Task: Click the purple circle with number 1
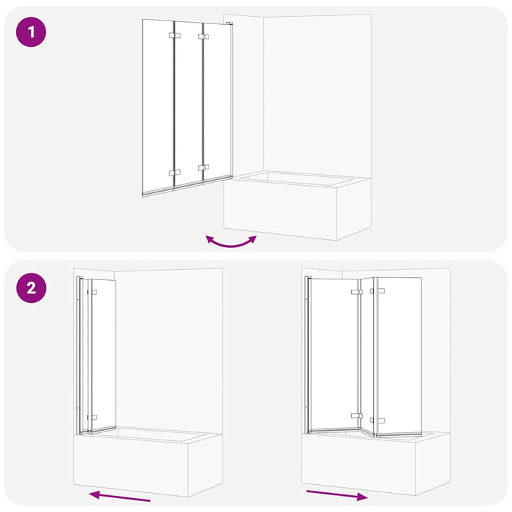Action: (x=31, y=33)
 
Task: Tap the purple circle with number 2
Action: (x=31, y=287)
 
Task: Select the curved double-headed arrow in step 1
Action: (x=231, y=241)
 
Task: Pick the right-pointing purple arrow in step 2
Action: (x=336, y=494)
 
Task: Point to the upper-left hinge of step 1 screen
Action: (x=173, y=35)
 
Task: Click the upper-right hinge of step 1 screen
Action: (x=203, y=35)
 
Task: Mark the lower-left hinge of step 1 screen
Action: (x=174, y=173)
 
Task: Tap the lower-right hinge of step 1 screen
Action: (x=203, y=168)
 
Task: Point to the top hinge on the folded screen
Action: (x=93, y=292)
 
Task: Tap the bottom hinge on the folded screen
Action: (x=93, y=417)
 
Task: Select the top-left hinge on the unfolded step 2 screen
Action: (x=355, y=292)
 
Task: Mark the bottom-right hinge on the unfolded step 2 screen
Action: (x=377, y=421)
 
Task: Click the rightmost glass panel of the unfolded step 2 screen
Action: (x=397, y=355)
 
